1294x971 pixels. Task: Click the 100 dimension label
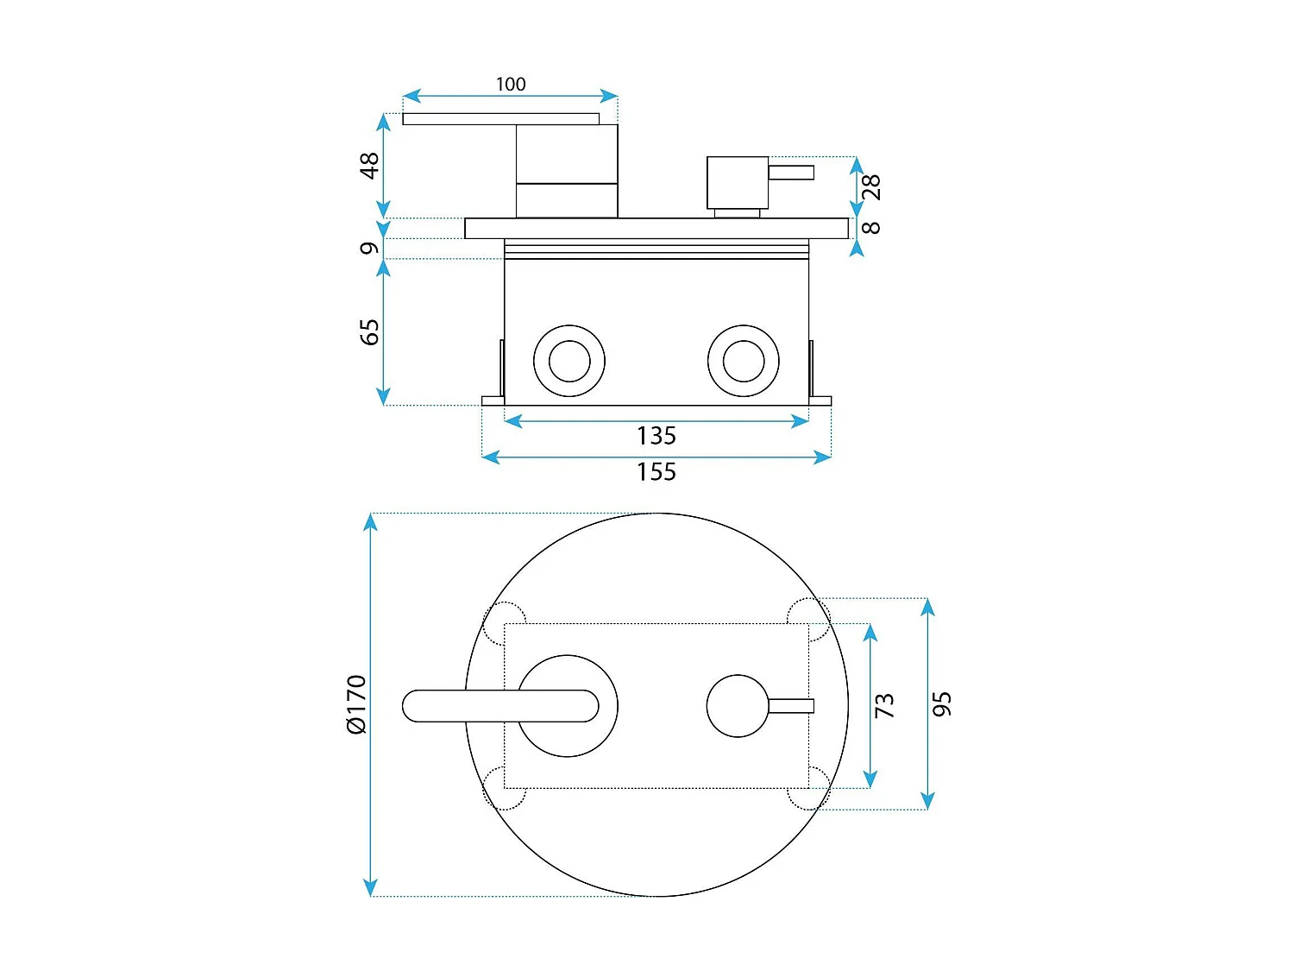[x=510, y=85]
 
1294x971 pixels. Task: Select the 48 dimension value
[x=369, y=165]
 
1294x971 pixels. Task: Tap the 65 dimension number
[x=369, y=332]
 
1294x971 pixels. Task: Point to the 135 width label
[x=656, y=436]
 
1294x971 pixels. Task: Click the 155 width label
[x=656, y=471]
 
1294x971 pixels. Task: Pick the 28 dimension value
[x=870, y=187]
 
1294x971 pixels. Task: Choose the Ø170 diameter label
[x=356, y=704]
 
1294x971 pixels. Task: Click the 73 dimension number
[x=884, y=705]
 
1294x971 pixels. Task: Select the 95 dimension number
[x=941, y=704]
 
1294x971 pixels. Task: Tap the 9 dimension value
[x=369, y=249]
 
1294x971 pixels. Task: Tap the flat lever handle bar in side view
[x=500, y=118]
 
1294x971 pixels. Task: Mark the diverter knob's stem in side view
[x=791, y=172]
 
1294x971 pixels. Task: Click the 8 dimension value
[x=870, y=228]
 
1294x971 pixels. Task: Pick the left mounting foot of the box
[x=493, y=400]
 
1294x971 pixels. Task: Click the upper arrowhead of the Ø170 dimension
[x=369, y=521]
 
